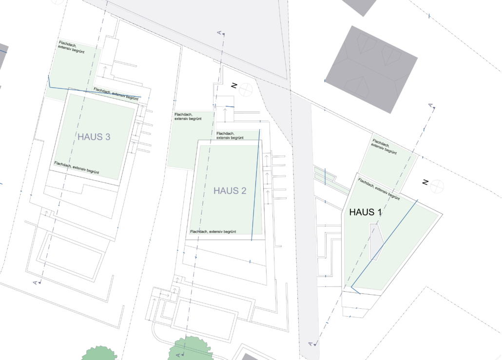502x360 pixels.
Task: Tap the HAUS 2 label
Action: coord(230,191)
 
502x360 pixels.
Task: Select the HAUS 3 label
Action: coord(94,137)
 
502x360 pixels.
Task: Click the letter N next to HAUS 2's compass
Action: coord(234,86)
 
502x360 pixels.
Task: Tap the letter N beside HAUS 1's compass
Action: coord(425,182)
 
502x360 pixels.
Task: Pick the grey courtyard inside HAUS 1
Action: coord(376,242)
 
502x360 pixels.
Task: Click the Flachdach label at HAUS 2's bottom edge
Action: coord(213,231)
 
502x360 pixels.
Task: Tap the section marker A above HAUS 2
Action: coord(220,33)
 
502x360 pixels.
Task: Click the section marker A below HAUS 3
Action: coord(36,283)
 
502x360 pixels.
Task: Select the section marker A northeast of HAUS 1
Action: coord(430,106)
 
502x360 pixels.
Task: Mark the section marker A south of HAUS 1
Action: coord(310,344)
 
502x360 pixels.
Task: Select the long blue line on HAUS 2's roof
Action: coord(256,185)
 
